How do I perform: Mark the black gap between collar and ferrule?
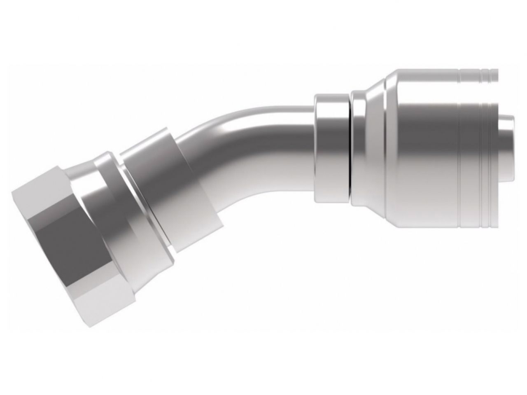[349, 148]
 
